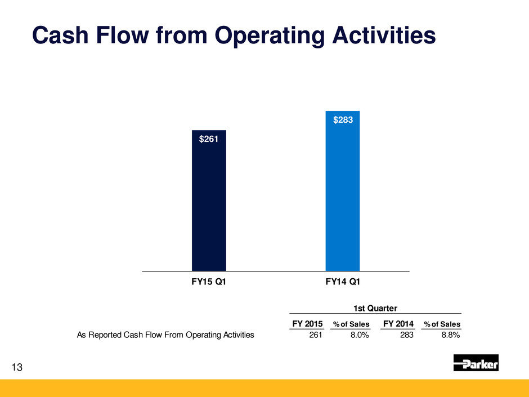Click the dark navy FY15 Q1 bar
pos(209,200)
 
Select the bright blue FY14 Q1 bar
pos(342,191)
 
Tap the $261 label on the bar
pos(208,139)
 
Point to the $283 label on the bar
pos(343,120)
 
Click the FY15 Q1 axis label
pos(208,282)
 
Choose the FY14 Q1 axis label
pos(343,282)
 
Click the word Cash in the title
pos(60,35)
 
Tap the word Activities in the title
pos(384,35)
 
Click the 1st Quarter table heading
pos(375,308)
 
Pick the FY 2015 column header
pos(307,324)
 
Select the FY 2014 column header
pos(398,324)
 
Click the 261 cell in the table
pos(316,335)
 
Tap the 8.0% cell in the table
pos(360,335)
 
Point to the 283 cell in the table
pos(406,335)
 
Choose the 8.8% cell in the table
pos(451,335)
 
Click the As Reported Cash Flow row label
pos(165,335)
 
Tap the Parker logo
pos(476,363)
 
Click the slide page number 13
pos(17,367)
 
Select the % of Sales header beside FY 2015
pos(351,324)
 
